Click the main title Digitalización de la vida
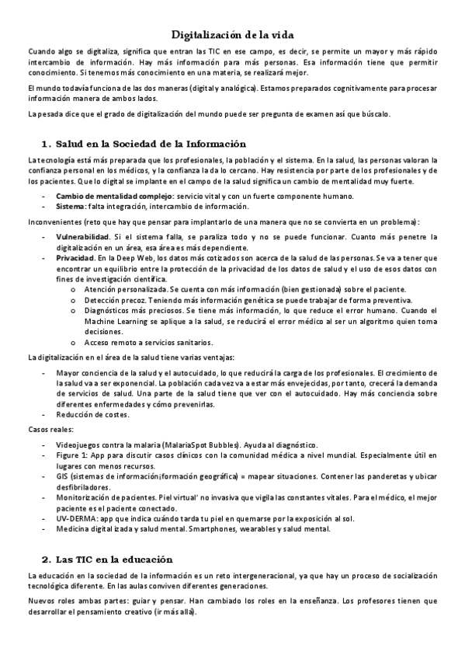point(232,35)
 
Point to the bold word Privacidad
point(75,256)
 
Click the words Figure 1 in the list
point(71,454)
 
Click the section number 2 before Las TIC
point(45,559)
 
